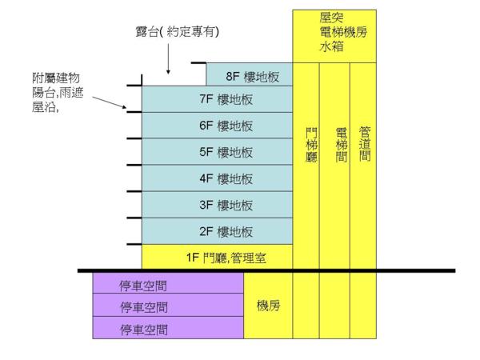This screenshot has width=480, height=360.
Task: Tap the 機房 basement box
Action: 268,306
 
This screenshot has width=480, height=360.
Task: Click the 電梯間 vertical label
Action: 340,145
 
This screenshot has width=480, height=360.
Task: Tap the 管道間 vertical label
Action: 365,145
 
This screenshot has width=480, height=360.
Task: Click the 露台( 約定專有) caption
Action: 177,31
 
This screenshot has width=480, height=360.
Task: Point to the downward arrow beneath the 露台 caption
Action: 170,58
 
